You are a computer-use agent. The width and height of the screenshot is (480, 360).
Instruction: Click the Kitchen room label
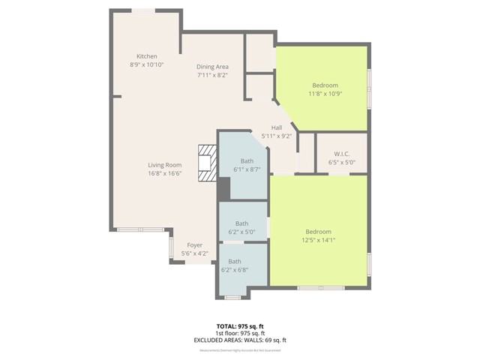tap(146, 56)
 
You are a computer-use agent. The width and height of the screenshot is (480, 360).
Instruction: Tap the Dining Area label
tap(212, 67)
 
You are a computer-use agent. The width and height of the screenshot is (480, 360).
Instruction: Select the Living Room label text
tap(164, 165)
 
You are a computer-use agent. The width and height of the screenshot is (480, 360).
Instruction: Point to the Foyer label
tap(195, 245)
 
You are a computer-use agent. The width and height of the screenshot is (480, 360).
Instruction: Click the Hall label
tap(277, 127)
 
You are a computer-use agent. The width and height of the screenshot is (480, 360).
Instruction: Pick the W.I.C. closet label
tap(341, 154)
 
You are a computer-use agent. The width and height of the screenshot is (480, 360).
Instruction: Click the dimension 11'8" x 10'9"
tap(325, 94)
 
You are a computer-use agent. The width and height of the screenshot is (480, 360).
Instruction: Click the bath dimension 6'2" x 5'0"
tap(242, 232)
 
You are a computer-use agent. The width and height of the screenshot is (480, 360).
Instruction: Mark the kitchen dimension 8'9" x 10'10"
tap(146, 65)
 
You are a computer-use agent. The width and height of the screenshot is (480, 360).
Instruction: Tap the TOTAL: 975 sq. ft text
tap(241, 326)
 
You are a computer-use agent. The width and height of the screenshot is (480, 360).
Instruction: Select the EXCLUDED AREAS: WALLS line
tap(241, 340)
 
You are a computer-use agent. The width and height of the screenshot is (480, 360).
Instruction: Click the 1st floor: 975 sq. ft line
tap(241, 334)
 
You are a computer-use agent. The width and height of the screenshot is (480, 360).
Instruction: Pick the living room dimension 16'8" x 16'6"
tap(164, 173)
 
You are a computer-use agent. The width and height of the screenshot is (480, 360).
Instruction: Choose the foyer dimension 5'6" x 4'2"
tap(195, 253)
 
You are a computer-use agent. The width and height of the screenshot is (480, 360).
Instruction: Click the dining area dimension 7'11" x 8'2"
tap(212, 75)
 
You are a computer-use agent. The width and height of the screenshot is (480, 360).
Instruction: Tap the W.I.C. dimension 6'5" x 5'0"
tap(341, 162)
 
